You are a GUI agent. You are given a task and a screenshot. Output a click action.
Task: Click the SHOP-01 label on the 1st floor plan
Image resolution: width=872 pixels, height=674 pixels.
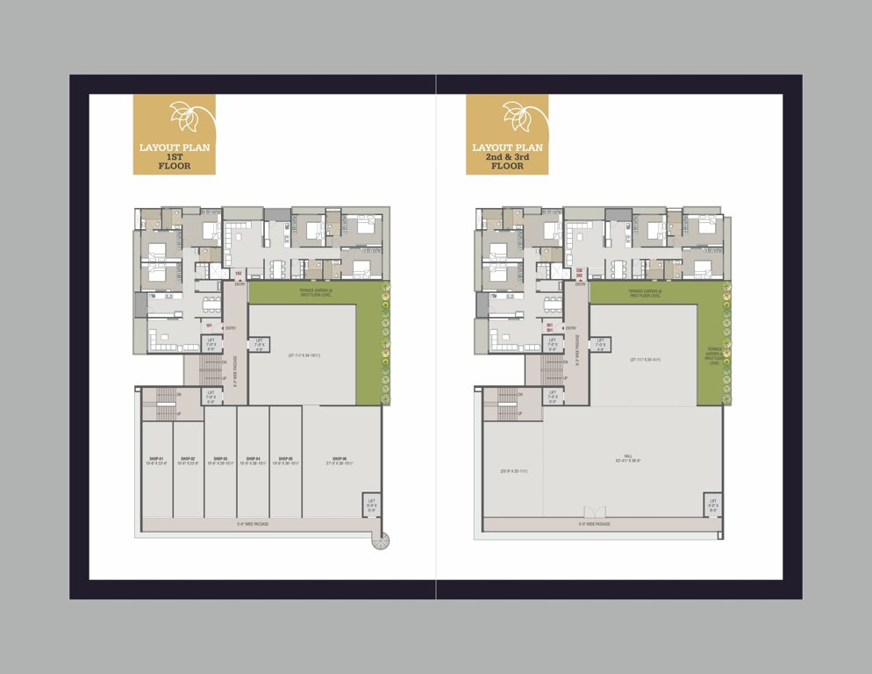click(157, 459)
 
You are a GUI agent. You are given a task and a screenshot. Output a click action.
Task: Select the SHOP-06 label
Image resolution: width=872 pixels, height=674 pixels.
click(340, 459)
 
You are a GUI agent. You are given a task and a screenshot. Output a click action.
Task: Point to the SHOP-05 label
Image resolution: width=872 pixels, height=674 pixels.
click(285, 459)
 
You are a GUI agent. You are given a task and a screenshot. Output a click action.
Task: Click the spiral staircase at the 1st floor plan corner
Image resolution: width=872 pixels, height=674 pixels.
click(378, 542)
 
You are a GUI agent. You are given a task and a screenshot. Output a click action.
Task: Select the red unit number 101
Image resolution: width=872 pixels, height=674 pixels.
click(209, 326)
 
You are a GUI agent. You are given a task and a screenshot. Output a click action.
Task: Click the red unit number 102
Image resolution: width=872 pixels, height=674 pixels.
click(238, 273)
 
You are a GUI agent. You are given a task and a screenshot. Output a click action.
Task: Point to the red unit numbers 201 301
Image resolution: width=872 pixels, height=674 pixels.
click(548, 326)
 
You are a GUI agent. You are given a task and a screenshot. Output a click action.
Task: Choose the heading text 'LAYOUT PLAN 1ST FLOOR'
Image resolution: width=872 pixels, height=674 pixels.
click(174, 154)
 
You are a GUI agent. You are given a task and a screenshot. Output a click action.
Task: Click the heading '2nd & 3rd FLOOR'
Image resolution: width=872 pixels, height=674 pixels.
click(507, 161)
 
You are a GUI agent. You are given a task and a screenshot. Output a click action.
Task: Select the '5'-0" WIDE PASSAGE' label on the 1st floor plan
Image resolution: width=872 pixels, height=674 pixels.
click(253, 524)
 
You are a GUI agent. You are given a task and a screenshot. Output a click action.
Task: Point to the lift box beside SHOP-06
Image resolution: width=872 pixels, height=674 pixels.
click(371, 506)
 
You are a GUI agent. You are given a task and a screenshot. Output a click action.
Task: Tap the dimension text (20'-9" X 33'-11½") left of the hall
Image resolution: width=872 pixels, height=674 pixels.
click(513, 471)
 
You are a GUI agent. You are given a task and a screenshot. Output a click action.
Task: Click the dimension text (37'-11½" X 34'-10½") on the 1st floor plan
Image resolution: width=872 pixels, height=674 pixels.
click(304, 355)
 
